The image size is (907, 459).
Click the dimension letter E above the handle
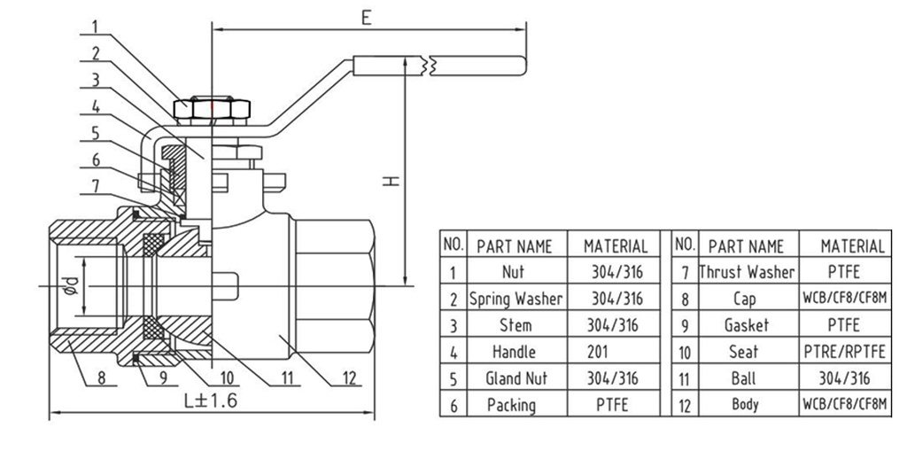click(365, 17)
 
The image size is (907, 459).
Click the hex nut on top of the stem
click(213, 109)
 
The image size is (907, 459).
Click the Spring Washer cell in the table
click(516, 299)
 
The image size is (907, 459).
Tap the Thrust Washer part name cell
click(747, 272)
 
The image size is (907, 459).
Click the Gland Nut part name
click(516, 378)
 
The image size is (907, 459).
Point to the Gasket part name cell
click(747, 325)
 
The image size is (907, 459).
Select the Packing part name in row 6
click(511, 405)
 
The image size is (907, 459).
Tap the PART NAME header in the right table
click(747, 245)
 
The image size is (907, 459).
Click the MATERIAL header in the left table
click(615, 245)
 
